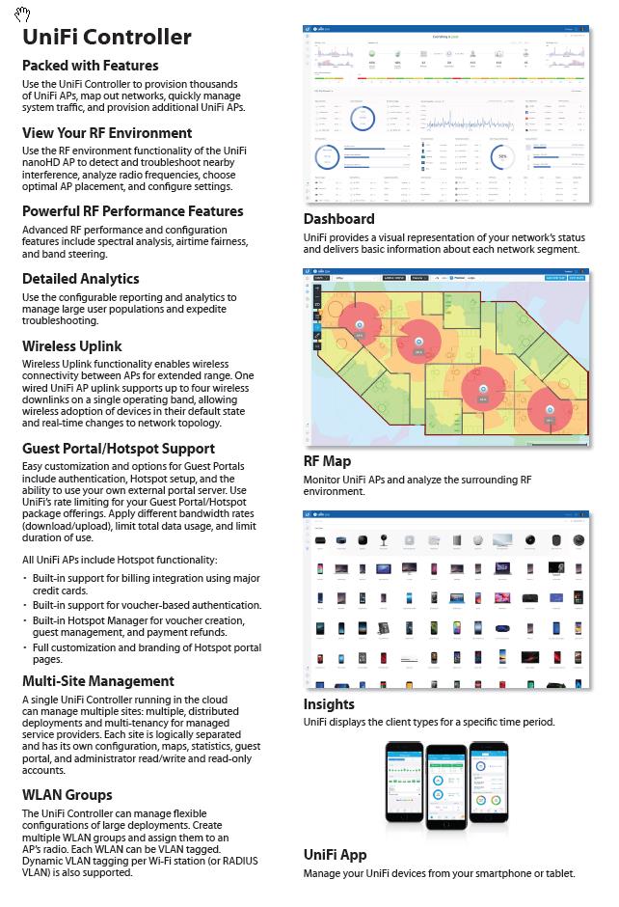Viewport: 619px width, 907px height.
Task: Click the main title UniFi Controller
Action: click(x=106, y=38)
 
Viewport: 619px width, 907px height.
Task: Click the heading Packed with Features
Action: click(x=90, y=66)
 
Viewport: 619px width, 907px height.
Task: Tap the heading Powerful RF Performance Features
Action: click(x=132, y=211)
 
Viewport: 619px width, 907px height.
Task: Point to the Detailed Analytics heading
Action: click(x=80, y=279)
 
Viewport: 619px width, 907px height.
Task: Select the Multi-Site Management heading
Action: click(x=97, y=681)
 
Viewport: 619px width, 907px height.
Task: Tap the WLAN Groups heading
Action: click(x=67, y=795)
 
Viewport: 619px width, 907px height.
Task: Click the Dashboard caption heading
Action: click(x=338, y=219)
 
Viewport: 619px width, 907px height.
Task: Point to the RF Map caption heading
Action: click(x=327, y=461)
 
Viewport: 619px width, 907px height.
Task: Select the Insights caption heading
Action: click(x=329, y=704)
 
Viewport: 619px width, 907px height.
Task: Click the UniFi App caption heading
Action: click(x=335, y=855)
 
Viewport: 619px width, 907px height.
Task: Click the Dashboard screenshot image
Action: click(x=445, y=115)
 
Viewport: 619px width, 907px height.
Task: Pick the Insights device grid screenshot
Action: click(x=445, y=599)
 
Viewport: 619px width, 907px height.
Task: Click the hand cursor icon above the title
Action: click(x=22, y=13)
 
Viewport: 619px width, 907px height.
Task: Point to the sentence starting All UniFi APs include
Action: click(x=120, y=560)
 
